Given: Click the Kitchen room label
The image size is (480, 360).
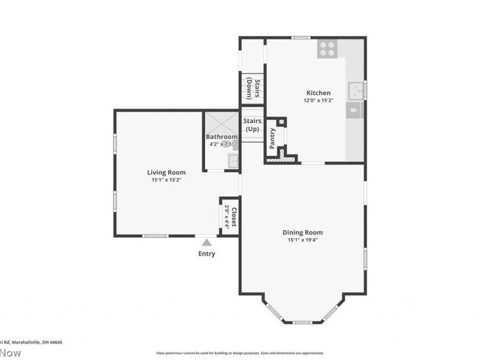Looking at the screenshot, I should click(x=319, y=93).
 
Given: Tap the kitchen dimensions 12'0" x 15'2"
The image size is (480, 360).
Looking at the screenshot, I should click(x=319, y=101).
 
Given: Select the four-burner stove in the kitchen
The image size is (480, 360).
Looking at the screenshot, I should click(x=327, y=49).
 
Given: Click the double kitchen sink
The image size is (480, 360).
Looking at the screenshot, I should click(x=357, y=91).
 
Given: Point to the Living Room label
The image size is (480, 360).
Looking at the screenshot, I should click(x=166, y=172).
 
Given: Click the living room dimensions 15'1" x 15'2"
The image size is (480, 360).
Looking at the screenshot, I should click(x=166, y=179).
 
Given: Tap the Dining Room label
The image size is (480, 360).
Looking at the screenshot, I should click(x=302, y=232).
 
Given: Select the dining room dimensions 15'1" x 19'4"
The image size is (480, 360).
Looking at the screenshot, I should click(x=302, y=239).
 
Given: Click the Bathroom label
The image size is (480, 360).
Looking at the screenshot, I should click(x=222, y=137).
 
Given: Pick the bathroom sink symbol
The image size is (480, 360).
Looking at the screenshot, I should click(x=233, y=160).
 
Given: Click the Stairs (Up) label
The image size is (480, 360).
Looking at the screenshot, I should click(x=253, y=125).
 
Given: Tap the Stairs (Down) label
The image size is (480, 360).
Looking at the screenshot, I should click(x=253, y=88).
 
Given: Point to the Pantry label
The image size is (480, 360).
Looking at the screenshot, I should click(x=272, y=137).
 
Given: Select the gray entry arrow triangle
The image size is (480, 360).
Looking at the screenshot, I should click(x=207, y=242).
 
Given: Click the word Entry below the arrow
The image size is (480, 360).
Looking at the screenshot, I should click(x=207, y=254).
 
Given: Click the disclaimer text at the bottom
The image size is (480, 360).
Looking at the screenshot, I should click(x=240, y=353).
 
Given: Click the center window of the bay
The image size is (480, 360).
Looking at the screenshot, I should click(x=302, y=322).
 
